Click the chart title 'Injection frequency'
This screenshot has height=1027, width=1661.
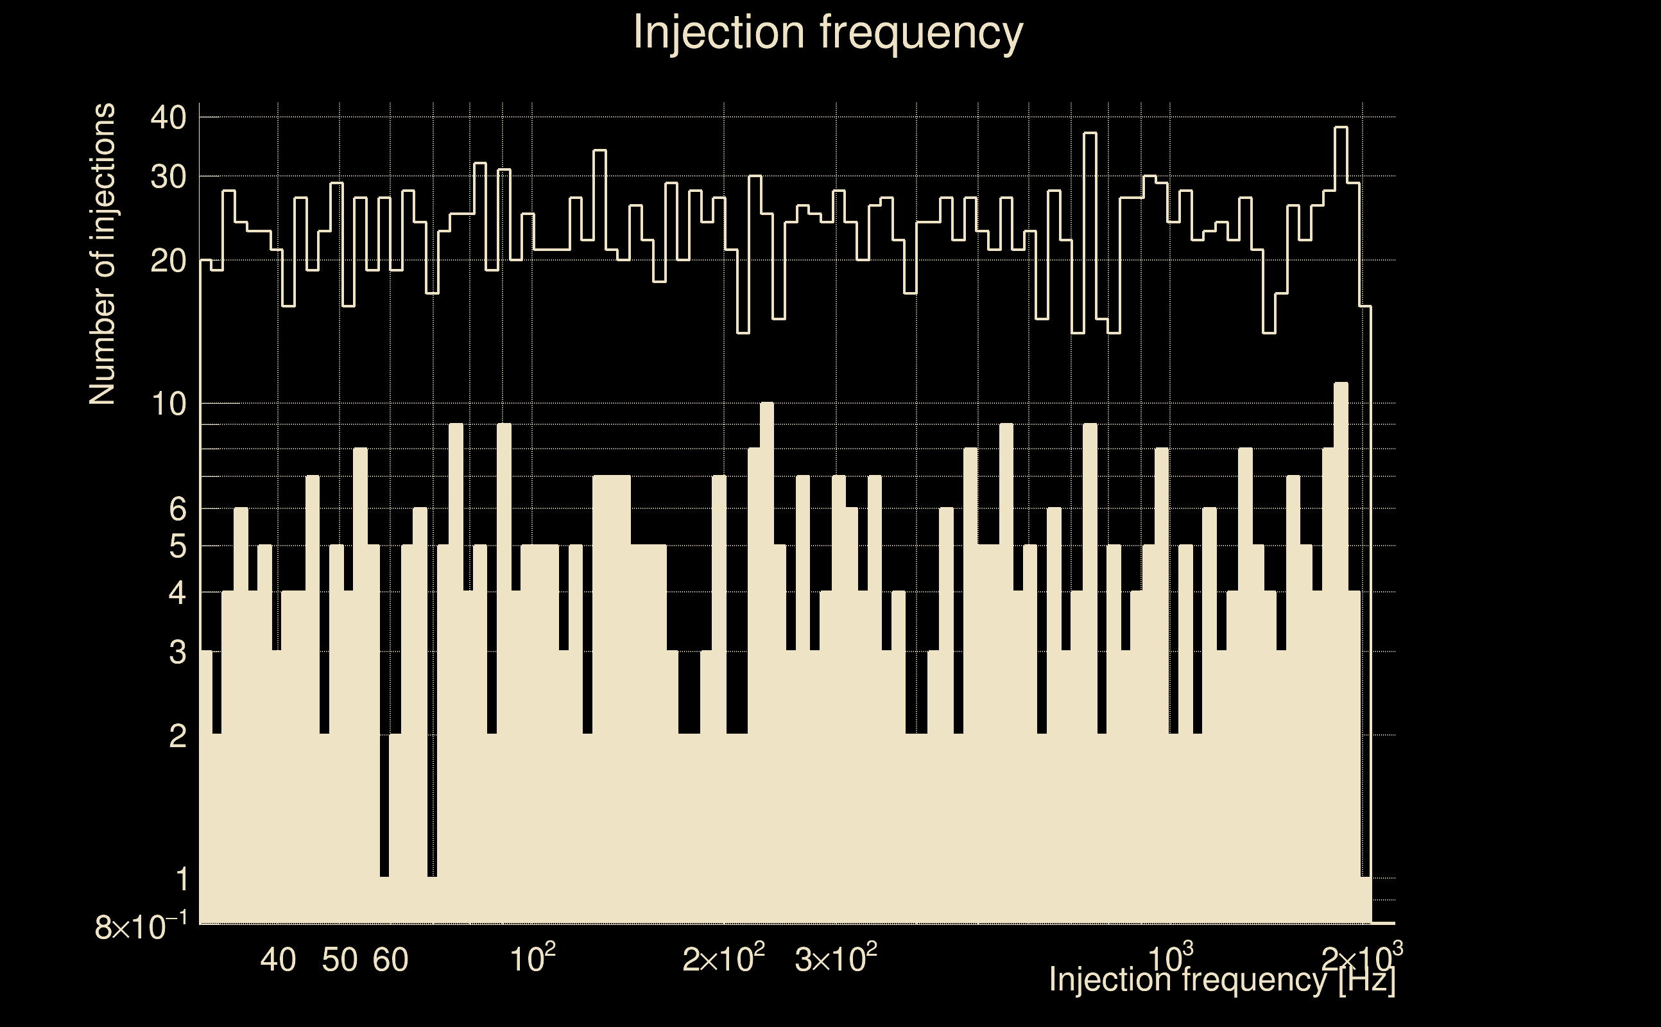[x=828, y=32]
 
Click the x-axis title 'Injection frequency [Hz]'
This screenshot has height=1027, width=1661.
[x=1221, y=980]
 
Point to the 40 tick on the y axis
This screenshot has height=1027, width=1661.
[x=168, y=117]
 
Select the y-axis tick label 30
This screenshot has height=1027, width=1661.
[x=168, y=177]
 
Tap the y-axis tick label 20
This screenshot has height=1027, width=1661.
[x=168, y=260]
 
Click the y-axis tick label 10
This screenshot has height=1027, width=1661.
[x=168, y=404]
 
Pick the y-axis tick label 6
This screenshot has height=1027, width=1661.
[x=177, y=508]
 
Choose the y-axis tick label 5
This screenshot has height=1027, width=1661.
[x=177, y=546]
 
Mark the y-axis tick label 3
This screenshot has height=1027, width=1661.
[x=177, y=652]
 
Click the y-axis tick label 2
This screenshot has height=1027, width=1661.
[x=177, y=735]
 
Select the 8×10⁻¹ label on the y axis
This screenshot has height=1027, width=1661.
[x=141, y=926]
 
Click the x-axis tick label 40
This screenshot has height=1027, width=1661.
[x=278, y=960]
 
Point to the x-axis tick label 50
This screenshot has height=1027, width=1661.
[x=340, y=960]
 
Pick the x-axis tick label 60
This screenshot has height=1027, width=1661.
[x=390, y=960]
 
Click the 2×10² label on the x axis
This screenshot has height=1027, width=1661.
[x=723, y=960]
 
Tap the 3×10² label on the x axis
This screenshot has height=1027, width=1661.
[x=836, y=960]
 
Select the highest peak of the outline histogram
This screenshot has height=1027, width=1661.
[x=1341, y=128]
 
